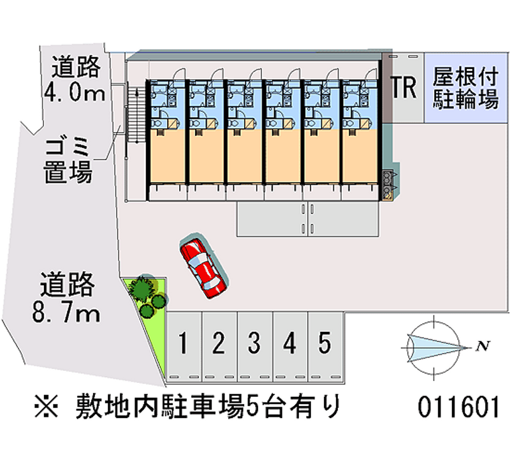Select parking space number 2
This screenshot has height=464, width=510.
219,347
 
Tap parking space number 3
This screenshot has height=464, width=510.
254,347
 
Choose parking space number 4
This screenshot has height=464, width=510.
290,347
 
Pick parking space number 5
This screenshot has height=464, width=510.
325,347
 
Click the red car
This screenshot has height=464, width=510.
203,267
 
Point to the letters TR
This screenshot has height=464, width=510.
404,87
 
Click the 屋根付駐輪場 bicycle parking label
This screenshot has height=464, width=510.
465,87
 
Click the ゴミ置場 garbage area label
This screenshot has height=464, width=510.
68,160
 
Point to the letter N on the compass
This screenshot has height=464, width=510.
483,346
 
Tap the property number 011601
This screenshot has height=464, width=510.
458,407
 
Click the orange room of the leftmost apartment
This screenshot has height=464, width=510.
167,156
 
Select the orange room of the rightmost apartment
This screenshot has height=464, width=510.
360,156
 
